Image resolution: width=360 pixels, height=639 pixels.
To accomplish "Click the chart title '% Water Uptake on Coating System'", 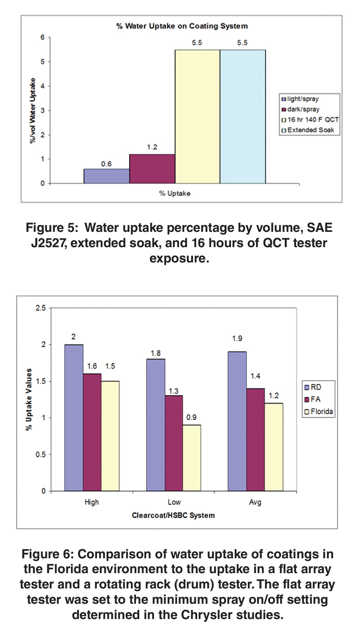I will pos(182,26).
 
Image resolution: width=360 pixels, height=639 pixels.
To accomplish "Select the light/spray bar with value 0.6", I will pos(106,176).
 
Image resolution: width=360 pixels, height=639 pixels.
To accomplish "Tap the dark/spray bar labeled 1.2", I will pos(151,168).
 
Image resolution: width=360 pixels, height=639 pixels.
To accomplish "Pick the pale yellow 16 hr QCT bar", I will pos(197,116).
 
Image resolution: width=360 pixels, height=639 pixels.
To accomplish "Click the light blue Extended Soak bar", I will pos(242,116).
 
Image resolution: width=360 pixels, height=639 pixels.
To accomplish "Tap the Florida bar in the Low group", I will pos(192,458).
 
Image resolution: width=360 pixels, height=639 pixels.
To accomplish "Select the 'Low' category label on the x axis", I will pos(174,502).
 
